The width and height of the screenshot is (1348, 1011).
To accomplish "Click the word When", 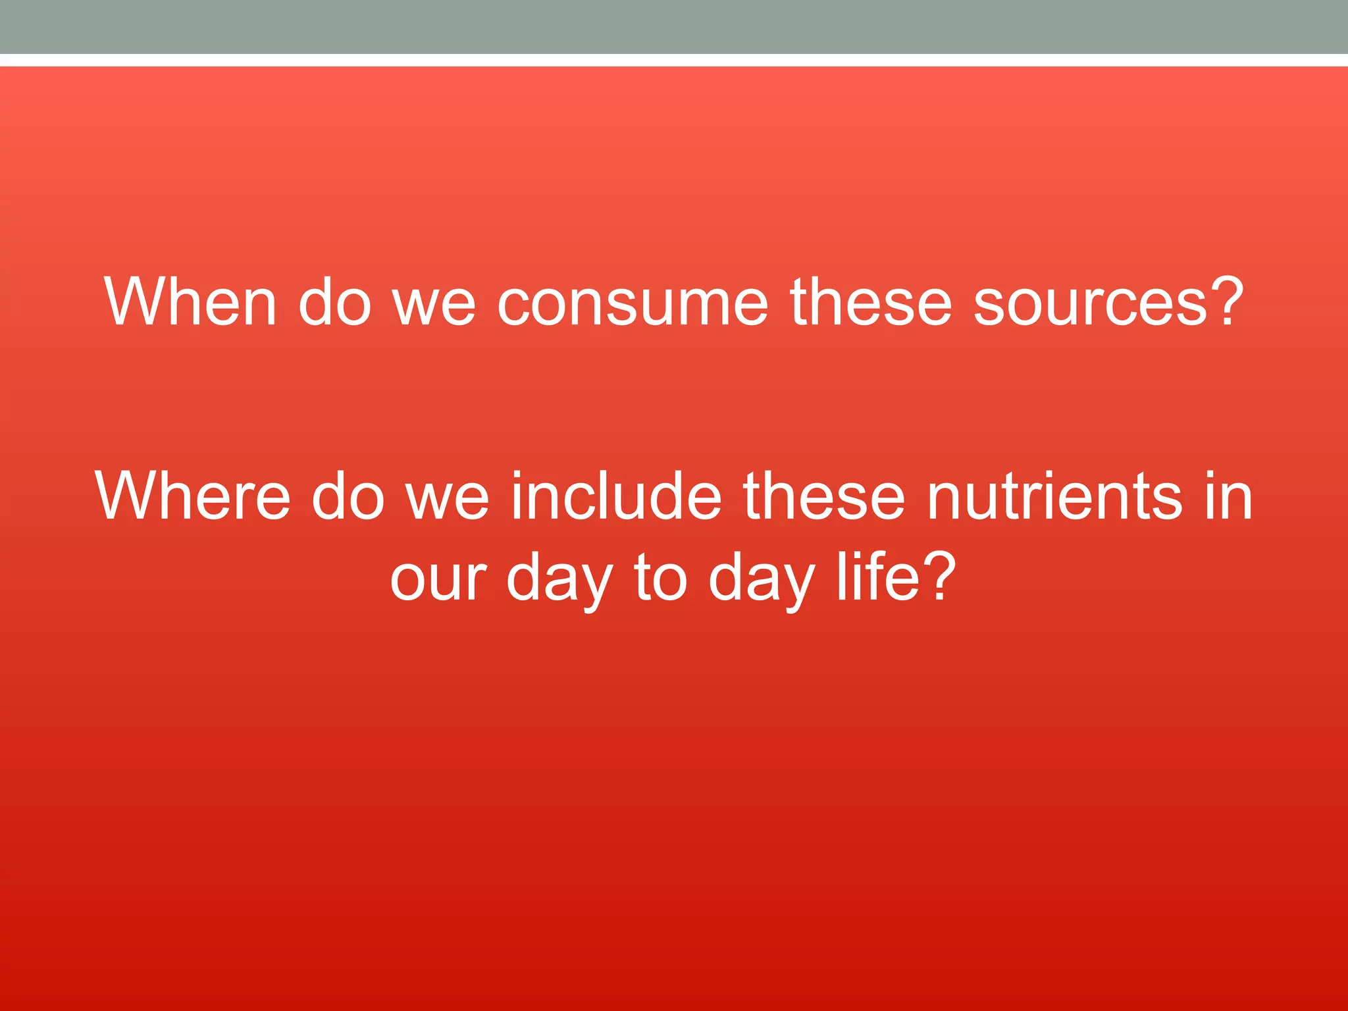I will tap(190, 302).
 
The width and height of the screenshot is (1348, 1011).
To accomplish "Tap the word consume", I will tap(632, 303).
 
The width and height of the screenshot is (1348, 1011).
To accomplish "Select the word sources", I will tap(1090, 303).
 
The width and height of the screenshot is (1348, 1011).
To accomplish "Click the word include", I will tap(616, 496).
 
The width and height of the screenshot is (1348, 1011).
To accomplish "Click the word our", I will tap(438, 579).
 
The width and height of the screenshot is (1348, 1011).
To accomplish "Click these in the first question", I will tap(870, 302).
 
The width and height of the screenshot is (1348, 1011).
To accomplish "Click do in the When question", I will tap(335, 302).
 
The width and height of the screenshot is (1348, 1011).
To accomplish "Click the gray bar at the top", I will tap(674, 26).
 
